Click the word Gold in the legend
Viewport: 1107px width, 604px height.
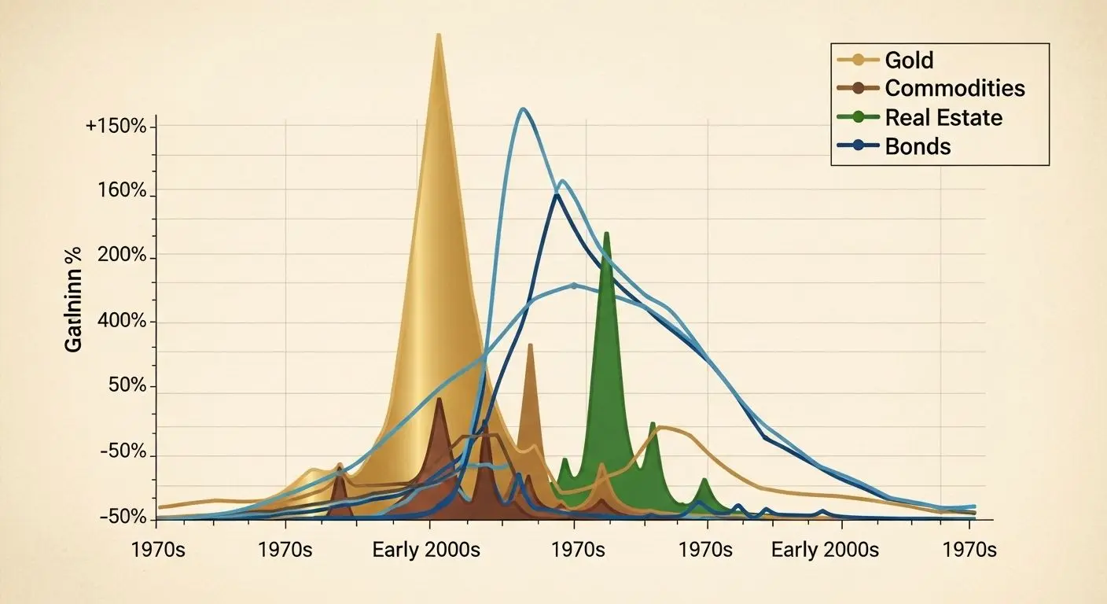[x=909, y=60]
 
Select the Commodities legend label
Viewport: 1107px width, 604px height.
[x=954, y=88]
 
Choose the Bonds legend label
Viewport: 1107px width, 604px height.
[x=918, y=146]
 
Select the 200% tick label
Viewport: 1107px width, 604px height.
[x=123, y=256]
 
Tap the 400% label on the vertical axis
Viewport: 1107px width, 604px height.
[x=123, y=322]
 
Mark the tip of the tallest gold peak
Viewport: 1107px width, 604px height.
[x=438, y=35]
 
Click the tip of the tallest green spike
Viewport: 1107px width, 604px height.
[x=606, y=233]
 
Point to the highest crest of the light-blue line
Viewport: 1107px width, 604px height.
[x=523, y=109]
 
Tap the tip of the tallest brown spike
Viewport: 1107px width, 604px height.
[x=530, y=344]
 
